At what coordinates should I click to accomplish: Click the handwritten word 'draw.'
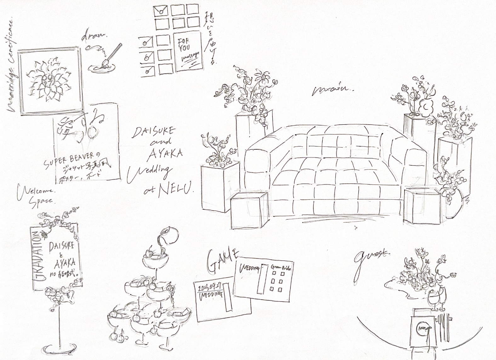tap(94, 37)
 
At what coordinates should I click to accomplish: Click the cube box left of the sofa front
tap(249, 210)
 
